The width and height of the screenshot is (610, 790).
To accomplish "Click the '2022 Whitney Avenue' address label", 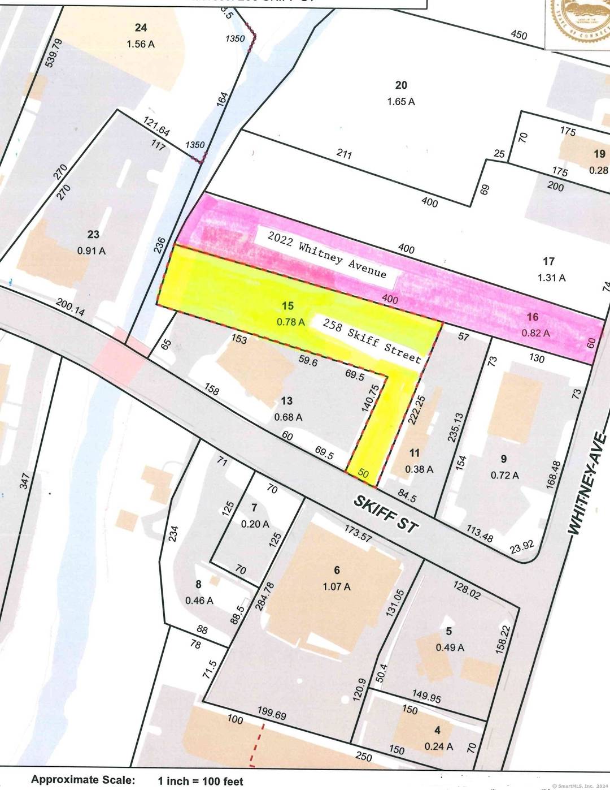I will tap(327, 255).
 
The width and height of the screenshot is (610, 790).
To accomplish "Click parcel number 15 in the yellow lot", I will tap(287, 306).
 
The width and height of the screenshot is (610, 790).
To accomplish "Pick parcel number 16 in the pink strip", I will tap(533, 317).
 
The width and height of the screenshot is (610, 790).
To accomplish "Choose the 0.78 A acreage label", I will tap(290, 322).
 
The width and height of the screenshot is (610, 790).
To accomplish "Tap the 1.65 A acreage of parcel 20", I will tap(401, 102).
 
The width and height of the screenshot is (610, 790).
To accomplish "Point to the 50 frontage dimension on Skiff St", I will tap(363, 474).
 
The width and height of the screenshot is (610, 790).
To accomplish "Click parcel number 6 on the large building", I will tap(337, 571).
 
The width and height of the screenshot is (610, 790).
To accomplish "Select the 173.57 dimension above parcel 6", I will tap(358, 532).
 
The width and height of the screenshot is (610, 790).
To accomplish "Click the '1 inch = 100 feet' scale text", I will tap(201, 781).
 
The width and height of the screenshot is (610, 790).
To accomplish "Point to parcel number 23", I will tap(93, 234).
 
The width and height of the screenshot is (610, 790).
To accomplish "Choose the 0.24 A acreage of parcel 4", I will tap(438, 746).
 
